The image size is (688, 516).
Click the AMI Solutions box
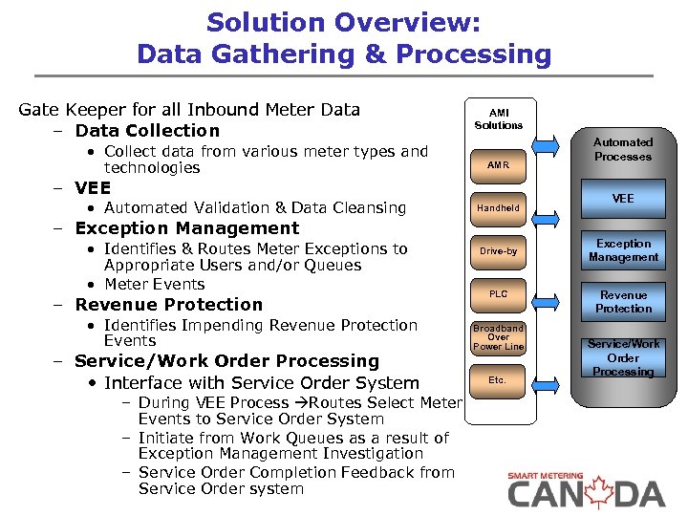point(499,118)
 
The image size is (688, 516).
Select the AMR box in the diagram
point(499,165)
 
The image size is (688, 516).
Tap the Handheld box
point(499,207)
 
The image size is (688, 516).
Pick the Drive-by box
point(499,251)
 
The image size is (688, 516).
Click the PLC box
point(499,294)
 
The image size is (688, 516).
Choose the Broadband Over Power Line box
point(499,337)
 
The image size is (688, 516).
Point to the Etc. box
point(498,380)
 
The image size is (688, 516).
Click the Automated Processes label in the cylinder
point(623,149)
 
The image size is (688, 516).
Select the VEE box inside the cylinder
point(623,199)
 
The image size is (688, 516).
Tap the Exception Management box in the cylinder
point(623,250)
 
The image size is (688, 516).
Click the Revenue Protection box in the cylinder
point(623,302)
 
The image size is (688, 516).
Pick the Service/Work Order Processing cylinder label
point(623,357)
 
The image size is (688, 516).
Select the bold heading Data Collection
point(147,131)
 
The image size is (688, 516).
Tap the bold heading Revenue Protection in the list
point(168,305)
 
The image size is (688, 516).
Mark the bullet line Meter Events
point(154,285)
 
